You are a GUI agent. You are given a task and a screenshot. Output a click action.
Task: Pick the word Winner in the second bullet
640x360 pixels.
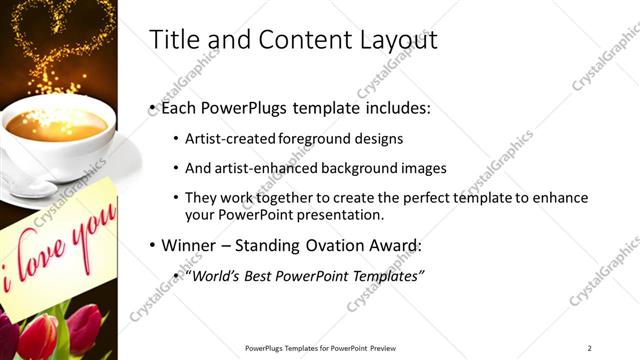(x=188, y=244)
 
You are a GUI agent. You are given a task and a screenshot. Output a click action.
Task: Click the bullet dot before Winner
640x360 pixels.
(x=151, y=244)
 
